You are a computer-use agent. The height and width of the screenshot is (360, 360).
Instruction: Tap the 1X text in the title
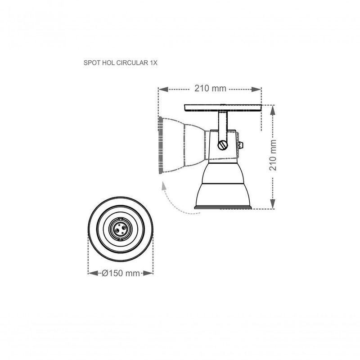coord(153,63)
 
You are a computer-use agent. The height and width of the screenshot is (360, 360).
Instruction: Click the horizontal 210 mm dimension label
coord(210,89)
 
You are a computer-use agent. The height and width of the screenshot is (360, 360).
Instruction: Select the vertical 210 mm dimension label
coord(272,154)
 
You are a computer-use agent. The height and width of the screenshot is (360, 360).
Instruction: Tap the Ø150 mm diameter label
coord(120,273)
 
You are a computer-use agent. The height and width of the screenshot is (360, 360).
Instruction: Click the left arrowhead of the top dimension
coord(163,89)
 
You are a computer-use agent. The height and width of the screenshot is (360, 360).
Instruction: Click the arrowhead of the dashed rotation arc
coord(165,185)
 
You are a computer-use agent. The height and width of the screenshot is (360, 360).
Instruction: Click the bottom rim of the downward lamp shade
coord(222,207)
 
